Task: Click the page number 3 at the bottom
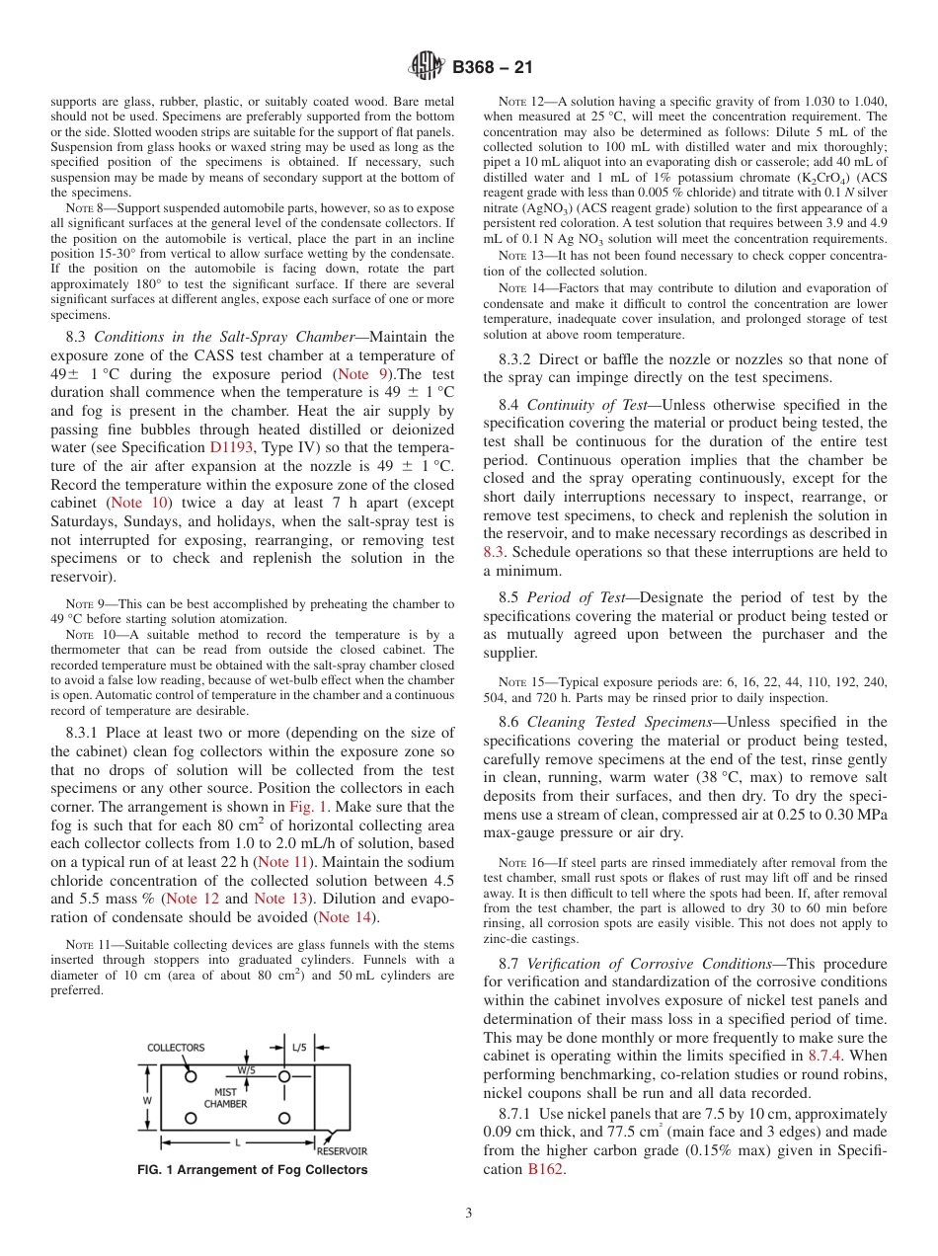tap(468, 1212)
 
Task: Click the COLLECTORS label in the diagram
tap(176, 1048)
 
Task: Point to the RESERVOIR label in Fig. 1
tap(341, 1150)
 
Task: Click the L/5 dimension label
tap(299, 1046)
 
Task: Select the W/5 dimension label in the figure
tap(245, 1069)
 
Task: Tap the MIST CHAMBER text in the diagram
tap(225, 1098)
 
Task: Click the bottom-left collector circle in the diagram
tap(191, 1118)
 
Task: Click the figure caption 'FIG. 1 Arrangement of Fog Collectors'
tap(252, 1170)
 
